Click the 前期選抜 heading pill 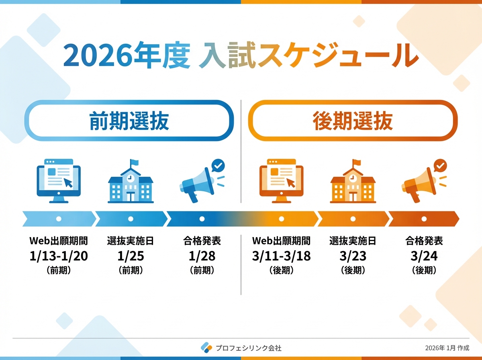click(x=129, y=121)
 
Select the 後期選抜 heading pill click(x=353, y=121)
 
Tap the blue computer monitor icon click(x=59, y=181)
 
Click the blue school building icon click(x=131, y=181)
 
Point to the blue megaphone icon click(x=202, y=181)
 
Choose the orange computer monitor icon click(x=281, y=181)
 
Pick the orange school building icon click(x=353, y=181)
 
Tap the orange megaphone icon click(x=424, y=181)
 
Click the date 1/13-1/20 click(x=59, y=256)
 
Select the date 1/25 click(x=131, y=256)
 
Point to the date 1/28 click(x=202, y=256)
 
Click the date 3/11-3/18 click(x=281, y=256)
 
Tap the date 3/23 click(x=353, y=256)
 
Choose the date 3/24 click(x=424, y=256)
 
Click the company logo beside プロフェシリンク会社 click(x=206, y=348)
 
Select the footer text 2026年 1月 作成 click(x=447, y=348)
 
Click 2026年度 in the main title click(x=127, y=55)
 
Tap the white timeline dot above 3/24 click(x=424, y=219)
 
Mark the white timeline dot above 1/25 click(x=131, y=219)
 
